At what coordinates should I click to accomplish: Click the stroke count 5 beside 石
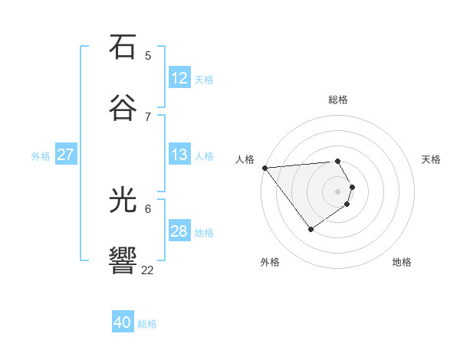[x=148, y=56]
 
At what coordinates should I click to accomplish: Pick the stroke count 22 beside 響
[x=148, y=270]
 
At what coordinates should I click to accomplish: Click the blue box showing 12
[x=179, y=78]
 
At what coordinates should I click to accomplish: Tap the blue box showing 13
[x=179, y=155]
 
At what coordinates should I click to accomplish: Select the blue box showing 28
[x=179, y=231]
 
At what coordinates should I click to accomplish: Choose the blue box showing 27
[x=65, y=155]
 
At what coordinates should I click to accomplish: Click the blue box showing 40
[x=123, y=322]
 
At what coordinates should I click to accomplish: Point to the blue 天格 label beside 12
[x=204, y=80]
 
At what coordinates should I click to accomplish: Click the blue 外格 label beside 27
[x=41, y=156]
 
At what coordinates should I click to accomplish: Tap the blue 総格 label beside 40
[x=147, y=324]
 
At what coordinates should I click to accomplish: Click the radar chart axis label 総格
[x=338, y=100]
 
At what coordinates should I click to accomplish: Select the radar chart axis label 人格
[x=245, y=159]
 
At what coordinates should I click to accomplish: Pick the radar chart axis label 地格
[x=402, y=262]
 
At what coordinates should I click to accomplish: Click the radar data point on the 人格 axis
[x=264, y=168]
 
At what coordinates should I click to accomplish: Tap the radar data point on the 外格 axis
[x=310, y=229]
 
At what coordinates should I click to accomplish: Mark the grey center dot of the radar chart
[x=338, y=191]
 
